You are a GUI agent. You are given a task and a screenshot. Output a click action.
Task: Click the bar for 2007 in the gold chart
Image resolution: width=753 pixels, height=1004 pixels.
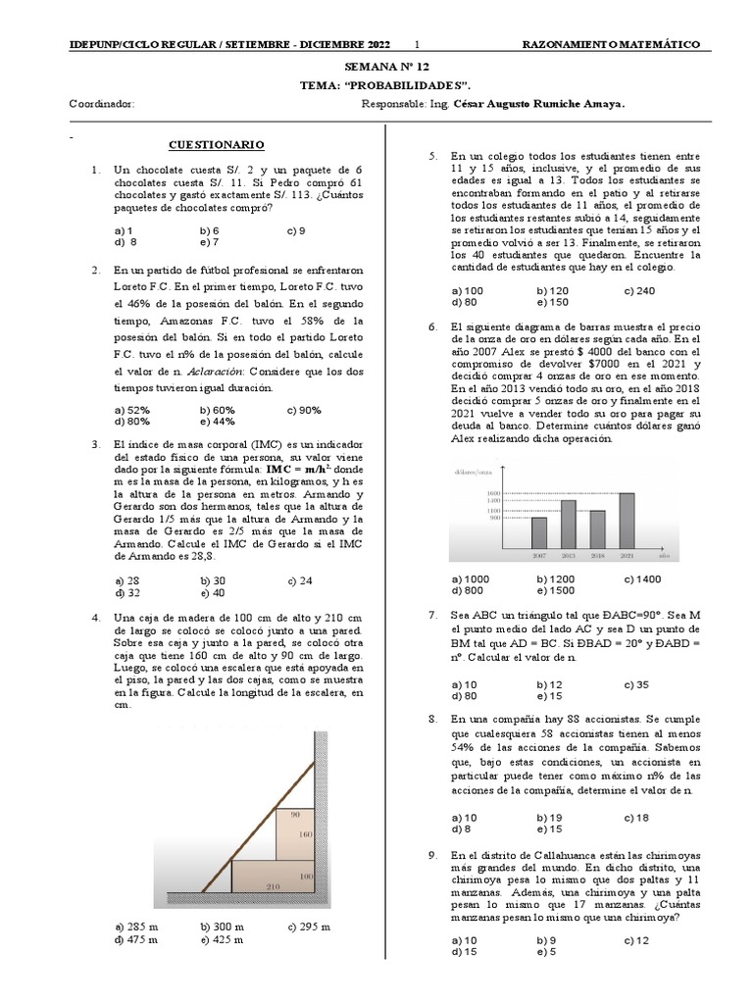pos(539,532)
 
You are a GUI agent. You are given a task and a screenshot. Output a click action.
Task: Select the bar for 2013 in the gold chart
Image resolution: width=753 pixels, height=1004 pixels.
pos(568,524)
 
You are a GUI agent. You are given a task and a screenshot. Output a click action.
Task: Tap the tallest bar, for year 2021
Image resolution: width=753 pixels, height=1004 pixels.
pos(627,520)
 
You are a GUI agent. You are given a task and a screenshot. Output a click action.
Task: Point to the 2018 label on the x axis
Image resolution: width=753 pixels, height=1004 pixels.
pos(597,555)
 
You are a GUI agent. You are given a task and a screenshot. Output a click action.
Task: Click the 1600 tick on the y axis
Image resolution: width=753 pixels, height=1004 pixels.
pos(494,493)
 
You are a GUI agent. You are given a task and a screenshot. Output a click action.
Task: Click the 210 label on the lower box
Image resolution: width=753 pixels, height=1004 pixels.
pos(272,886)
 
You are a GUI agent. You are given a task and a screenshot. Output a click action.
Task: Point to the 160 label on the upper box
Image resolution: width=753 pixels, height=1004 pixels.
pos(305,833)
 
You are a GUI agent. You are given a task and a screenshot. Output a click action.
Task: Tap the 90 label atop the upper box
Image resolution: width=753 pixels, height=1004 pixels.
pos(295,813)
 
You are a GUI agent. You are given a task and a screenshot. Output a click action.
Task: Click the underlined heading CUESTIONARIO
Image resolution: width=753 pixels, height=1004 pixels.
pos(216,145)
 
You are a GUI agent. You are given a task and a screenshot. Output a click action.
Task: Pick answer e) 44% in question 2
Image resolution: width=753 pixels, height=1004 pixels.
pos(217,422)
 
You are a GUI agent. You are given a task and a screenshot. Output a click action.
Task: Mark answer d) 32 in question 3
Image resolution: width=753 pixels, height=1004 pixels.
pos(127,592)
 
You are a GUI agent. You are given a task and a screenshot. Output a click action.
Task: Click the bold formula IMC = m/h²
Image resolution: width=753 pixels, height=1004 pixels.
pos(290,470)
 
